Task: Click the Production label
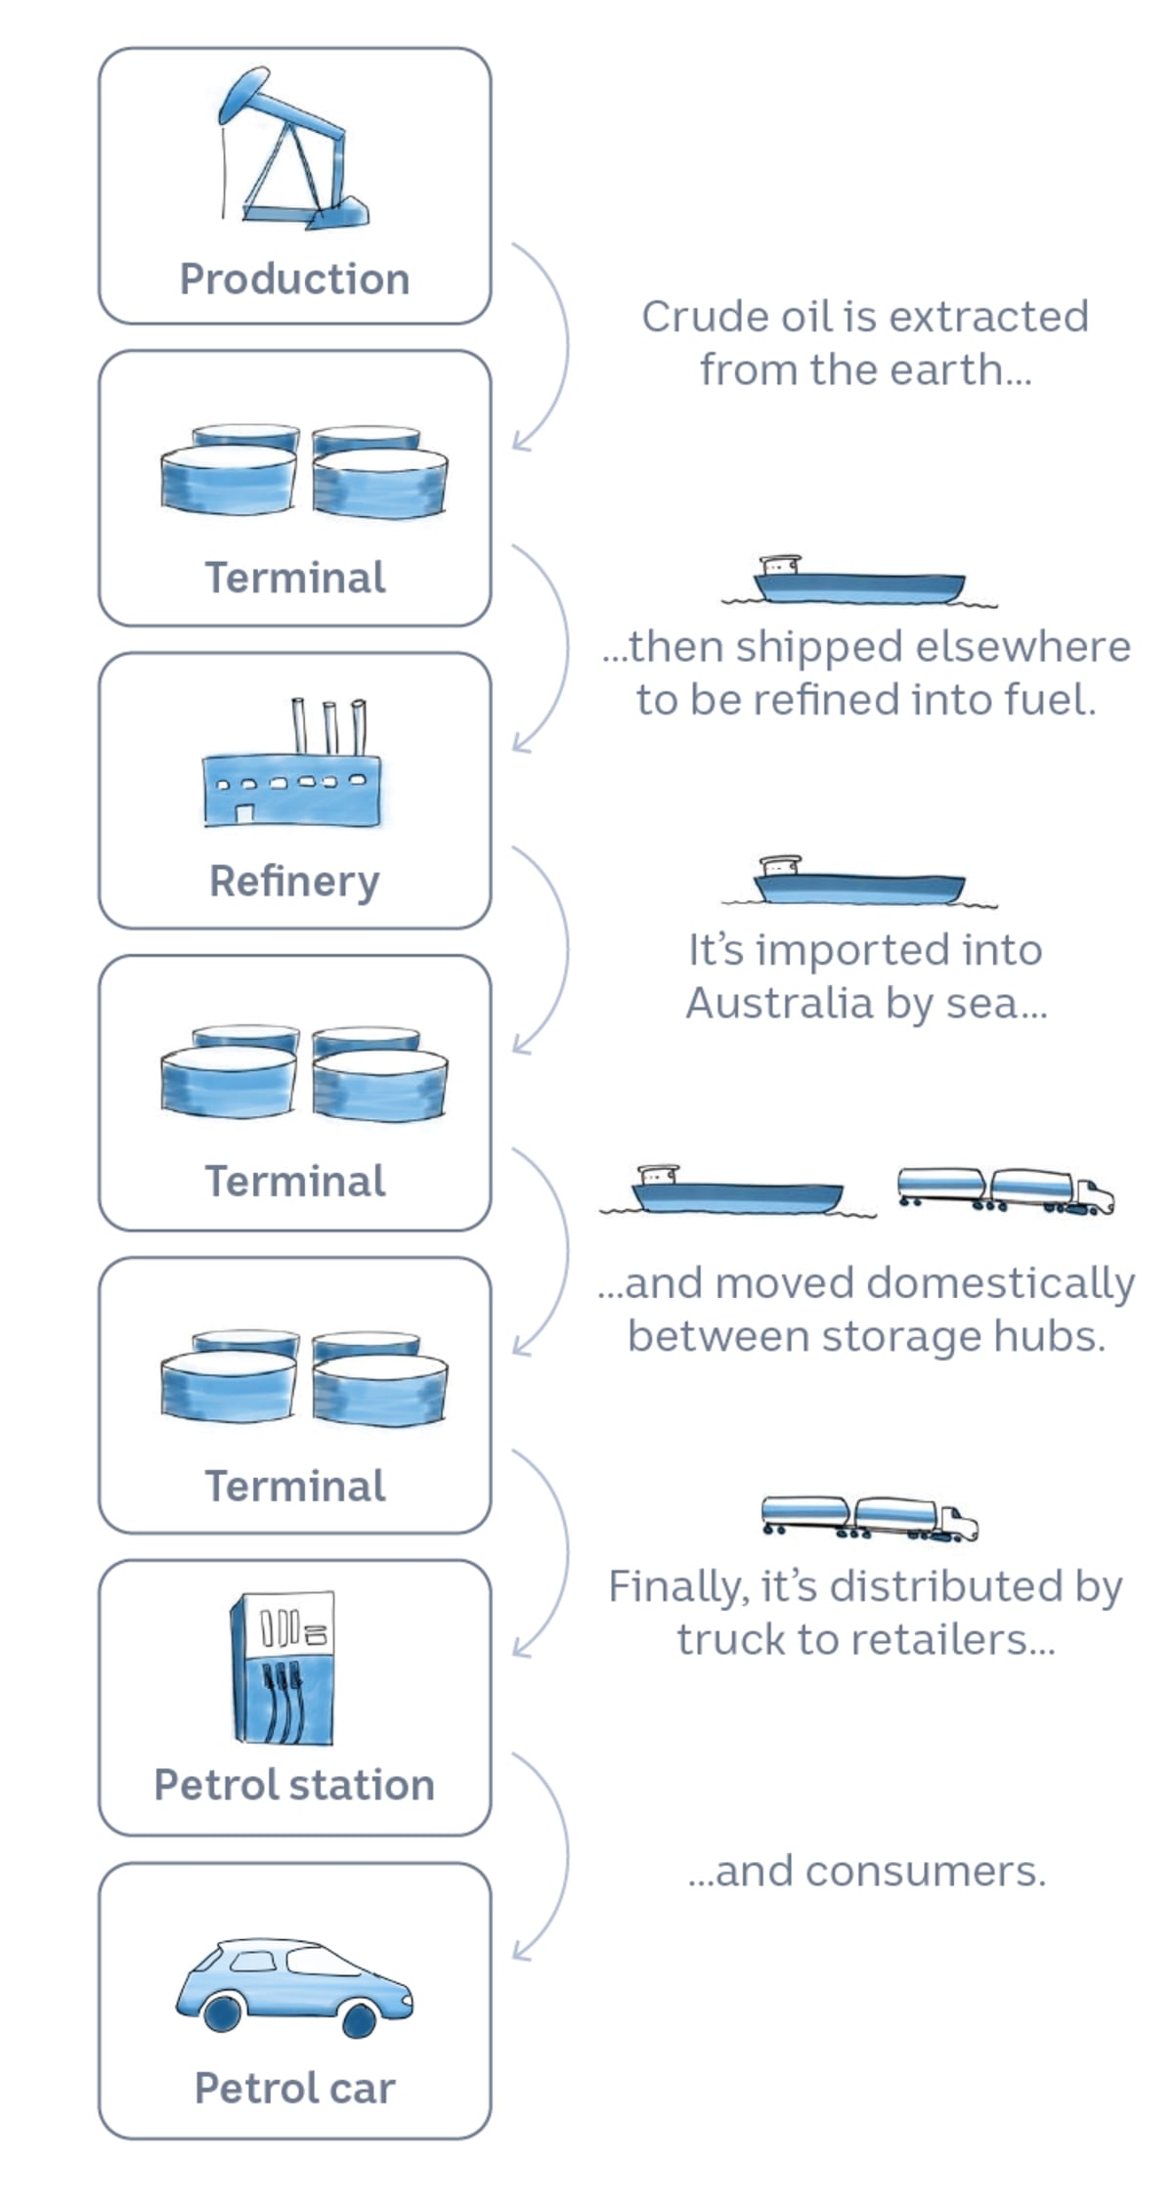click(294, 280)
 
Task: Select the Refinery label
click(294, 882)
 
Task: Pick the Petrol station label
click(294, 1785)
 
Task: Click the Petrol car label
click(294, 2088)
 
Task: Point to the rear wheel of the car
click(223, 2013)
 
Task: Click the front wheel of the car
click(359, 2019)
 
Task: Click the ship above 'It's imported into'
click(858, 883)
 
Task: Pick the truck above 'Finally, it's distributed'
click(869, 1518)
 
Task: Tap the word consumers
click(925, 1871)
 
